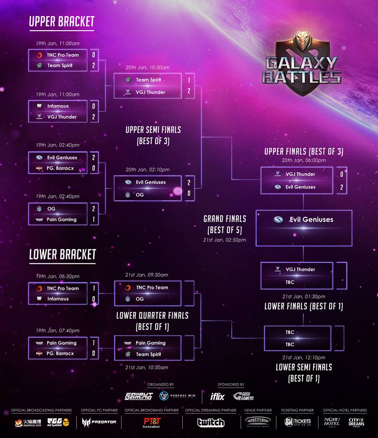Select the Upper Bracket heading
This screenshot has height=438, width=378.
62,21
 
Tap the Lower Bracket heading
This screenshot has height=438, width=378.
63,255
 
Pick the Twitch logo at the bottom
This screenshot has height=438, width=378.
210,422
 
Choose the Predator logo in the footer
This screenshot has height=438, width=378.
100,422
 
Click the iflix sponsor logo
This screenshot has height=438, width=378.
217,396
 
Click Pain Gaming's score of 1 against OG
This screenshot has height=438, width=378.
94,219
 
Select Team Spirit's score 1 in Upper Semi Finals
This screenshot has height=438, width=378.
189,80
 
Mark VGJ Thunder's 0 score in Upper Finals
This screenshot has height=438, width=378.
341,174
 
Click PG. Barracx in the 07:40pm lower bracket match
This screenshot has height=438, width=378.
60,353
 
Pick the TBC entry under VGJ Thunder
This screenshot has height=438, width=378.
290,282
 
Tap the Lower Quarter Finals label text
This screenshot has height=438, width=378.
152,316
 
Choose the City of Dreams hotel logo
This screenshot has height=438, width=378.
357,422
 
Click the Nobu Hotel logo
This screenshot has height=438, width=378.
332,422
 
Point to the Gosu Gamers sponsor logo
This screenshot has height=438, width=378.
243,396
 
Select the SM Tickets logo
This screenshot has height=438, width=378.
298,422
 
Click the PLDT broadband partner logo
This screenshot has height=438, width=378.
152,422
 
